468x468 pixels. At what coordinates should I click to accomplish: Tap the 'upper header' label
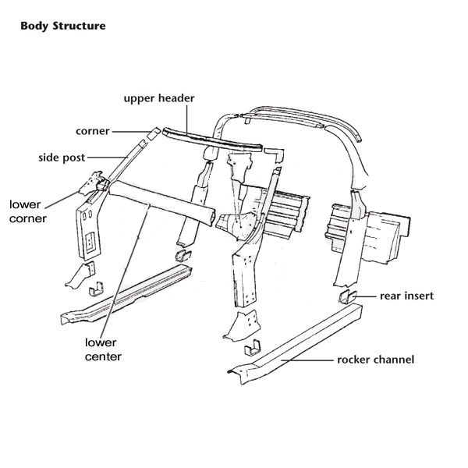coord(160,98)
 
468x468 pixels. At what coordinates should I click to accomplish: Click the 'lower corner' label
coord(28,211)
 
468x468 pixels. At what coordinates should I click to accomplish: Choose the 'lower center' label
coord(102,349)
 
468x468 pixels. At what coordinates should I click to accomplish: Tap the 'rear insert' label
coord(406,296)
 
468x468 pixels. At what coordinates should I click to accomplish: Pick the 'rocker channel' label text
coord(375,360)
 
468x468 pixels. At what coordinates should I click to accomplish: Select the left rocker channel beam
coord(129,293)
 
